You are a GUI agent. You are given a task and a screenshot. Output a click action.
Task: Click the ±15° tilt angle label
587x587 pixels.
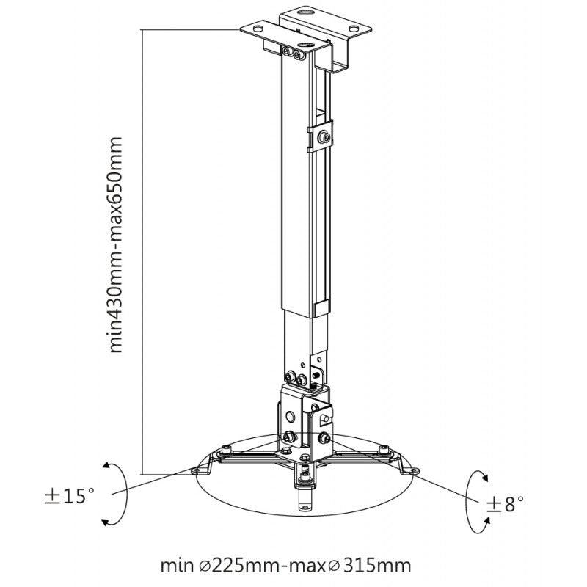[x=70, y=496]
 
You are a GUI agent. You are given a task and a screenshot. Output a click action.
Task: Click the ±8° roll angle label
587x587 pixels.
[x=505, y=504]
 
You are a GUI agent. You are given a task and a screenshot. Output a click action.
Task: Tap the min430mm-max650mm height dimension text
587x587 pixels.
[x=116, y=245]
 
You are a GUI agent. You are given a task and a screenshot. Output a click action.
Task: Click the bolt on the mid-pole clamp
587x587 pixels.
[x=324, y=137]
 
